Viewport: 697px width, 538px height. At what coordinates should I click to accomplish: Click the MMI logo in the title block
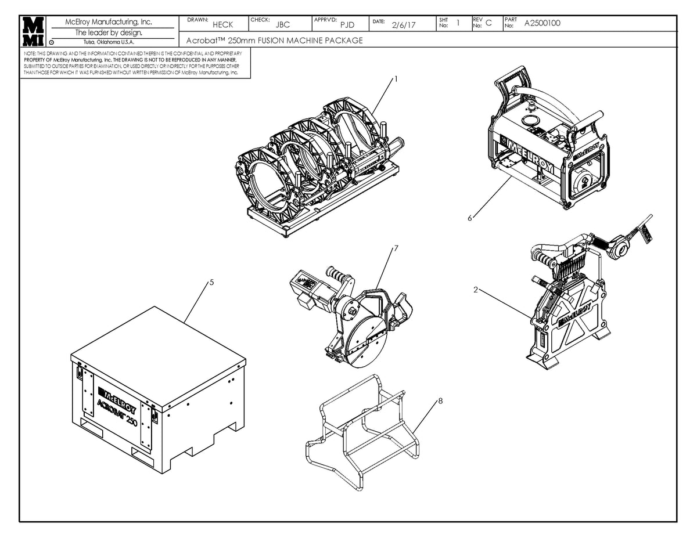(33, 31)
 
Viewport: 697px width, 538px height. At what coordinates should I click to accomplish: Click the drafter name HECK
(222, 25)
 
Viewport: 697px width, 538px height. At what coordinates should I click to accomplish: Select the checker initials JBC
(283, 25)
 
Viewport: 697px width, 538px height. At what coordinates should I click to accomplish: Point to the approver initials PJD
(347, 25)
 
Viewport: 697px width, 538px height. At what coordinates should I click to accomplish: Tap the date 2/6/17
(404, 25)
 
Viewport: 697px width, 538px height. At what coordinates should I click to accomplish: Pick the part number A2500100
(542, 24)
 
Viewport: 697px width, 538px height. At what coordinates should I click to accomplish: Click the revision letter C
(488, 23)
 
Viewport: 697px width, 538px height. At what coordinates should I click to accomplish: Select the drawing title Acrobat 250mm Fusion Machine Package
(275, 41)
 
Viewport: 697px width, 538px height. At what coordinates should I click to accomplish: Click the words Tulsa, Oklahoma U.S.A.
(109, 42)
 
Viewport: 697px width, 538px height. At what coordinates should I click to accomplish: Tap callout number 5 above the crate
(211, 283)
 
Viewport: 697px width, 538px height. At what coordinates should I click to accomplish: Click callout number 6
(469, 218)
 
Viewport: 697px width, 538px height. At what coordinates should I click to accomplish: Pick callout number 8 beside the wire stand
(440, 400)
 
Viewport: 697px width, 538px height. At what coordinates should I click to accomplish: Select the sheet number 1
(458, 23)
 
